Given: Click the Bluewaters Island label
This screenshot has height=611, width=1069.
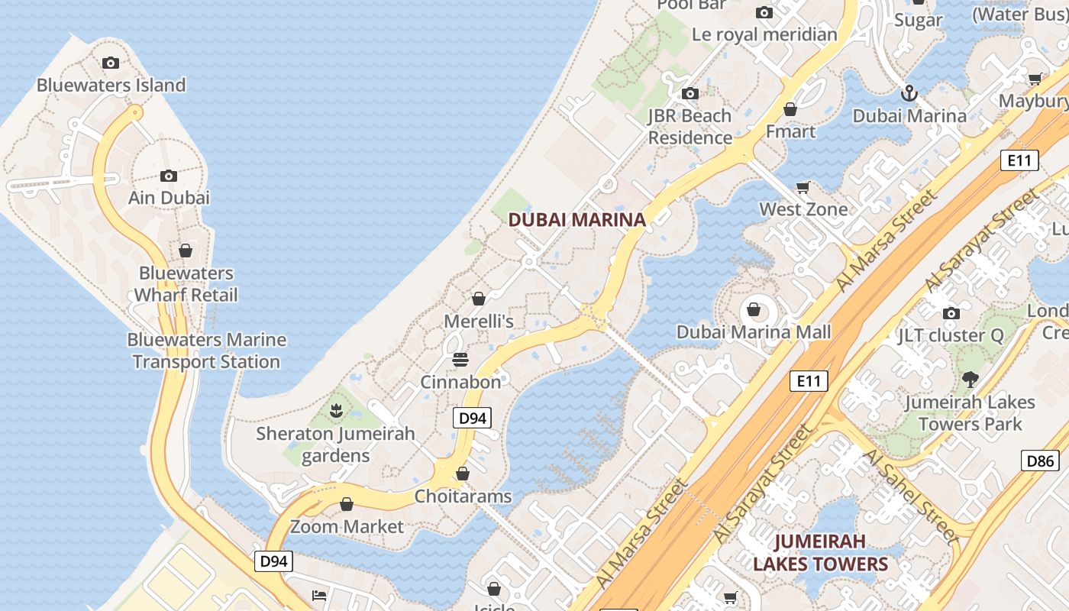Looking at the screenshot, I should [111, 85].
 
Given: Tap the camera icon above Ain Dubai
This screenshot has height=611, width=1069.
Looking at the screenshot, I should [169, 176].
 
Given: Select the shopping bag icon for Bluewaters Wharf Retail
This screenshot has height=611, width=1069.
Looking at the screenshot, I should [185, 251].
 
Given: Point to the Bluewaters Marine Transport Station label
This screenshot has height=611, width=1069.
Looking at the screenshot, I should [206, 351].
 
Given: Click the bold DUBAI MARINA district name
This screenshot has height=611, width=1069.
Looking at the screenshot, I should [576, 220].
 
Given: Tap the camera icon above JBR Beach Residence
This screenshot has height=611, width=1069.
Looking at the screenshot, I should [690, 94].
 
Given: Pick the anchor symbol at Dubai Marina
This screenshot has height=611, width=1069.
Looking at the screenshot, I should [909, 94].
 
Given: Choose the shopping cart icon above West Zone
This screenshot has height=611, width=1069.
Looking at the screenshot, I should [803, 187].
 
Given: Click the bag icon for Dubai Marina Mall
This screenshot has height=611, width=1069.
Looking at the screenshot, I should [754, 309].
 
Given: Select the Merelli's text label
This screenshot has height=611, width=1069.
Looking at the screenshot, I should [479, 322].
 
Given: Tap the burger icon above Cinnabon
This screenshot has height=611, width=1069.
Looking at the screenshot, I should [460, 359].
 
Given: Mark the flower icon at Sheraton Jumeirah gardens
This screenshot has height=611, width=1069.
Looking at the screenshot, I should [335, 412].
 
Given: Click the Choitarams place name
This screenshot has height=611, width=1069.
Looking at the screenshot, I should [463, 496].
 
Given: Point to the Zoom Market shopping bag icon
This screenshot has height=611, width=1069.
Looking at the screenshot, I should [347, 504].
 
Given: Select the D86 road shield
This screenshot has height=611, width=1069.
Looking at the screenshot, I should [1040, 461].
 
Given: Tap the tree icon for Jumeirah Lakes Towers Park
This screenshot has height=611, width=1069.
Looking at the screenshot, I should [970, 379].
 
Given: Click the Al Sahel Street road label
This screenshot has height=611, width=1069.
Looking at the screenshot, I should [910, 496].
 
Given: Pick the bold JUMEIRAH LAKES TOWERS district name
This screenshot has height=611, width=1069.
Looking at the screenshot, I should [821, 553].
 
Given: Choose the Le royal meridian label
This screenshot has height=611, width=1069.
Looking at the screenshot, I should [764, 34].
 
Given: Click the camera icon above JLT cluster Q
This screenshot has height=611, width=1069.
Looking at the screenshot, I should [951, 313].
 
